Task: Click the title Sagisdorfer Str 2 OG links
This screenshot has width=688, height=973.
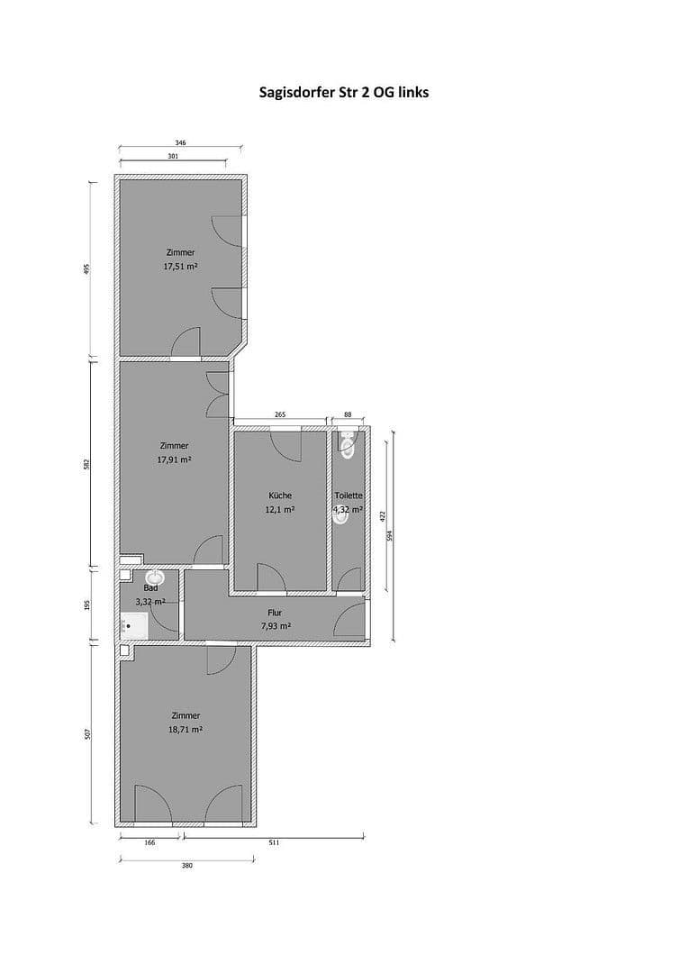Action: (x=343, y=92)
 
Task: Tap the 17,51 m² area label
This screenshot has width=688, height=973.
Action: (x=180, y=267)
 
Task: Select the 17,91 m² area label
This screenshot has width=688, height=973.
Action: (x=174, y=459)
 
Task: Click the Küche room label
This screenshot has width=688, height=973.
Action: (x=280, y=496)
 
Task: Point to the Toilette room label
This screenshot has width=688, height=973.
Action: (x=349, y=496)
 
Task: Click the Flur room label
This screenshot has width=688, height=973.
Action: (x=275, y=613)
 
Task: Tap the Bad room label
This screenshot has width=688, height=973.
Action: (x=150, y=587)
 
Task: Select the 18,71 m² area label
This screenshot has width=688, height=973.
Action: (x=186, y=731)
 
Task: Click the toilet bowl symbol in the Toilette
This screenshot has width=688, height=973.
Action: (x=349, y=444)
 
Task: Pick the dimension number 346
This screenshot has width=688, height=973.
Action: (x=180, y=142)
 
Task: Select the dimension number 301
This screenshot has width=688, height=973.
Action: (x=173, y=157)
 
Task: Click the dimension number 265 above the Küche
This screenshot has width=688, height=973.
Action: (x=279, y=414)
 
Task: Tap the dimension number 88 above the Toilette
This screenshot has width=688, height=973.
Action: (x=349, y=414)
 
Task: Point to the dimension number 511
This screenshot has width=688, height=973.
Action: (x=274, y=842)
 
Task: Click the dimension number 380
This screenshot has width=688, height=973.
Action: (x=186, y=865)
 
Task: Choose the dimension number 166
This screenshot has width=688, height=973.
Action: (x=149, y=842)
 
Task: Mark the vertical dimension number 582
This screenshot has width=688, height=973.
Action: (x=87, y=463)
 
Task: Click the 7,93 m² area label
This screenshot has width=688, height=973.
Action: (x=276, y=626)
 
